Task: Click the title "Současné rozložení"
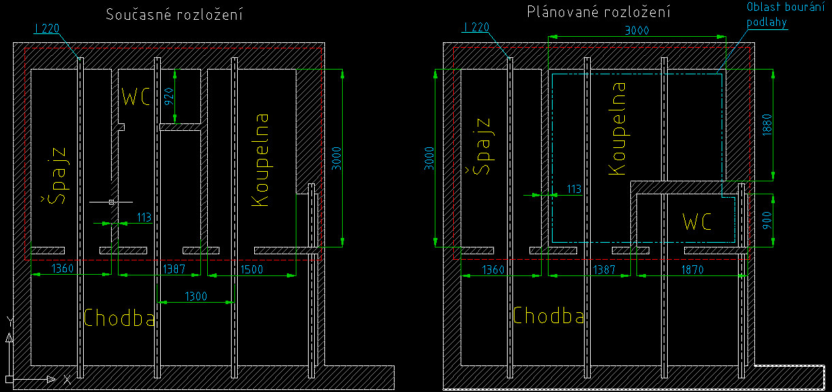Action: [174, 14]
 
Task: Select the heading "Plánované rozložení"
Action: [599, 12]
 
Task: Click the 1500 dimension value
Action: [252, 270]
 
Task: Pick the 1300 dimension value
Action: [196, 297]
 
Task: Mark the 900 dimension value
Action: [767, 219]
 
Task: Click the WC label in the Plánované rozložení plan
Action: [696, 222]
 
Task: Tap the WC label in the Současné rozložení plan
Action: [136, 97]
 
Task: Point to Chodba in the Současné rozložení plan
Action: [120, 317]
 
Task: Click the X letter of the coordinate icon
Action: [67, 378]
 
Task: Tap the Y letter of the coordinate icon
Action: [9, 320]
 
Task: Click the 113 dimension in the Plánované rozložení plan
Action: [574, 190]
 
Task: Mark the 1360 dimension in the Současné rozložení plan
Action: [63, 270]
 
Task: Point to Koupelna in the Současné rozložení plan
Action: [260, 160]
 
